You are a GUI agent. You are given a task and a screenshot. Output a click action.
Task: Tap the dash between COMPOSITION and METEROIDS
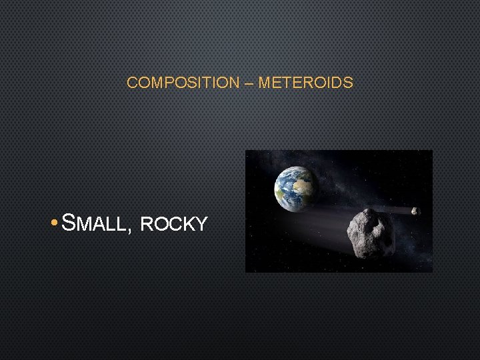(248, 83)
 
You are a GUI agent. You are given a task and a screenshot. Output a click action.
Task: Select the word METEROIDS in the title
(305, 83)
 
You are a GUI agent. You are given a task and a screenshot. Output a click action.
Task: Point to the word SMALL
(93, 223)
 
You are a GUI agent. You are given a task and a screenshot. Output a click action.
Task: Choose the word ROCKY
(174, 225)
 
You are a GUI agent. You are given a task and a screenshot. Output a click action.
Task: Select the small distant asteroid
(415, 211)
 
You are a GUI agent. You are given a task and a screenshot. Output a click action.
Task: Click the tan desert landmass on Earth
(303, 180)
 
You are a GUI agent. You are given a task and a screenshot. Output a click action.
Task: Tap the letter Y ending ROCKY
(201, 225)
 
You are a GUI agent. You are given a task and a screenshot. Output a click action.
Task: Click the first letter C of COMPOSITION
(132, 83)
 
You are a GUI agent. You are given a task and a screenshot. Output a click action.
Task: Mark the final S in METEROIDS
(349, 83)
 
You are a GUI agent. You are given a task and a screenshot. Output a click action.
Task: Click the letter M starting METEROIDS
(263, 83)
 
